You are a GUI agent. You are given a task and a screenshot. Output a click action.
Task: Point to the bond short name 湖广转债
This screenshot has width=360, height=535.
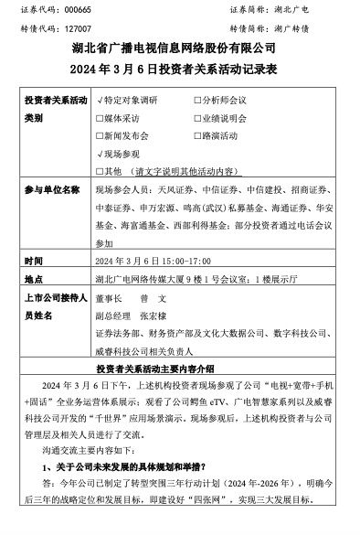tap(315, 28)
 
